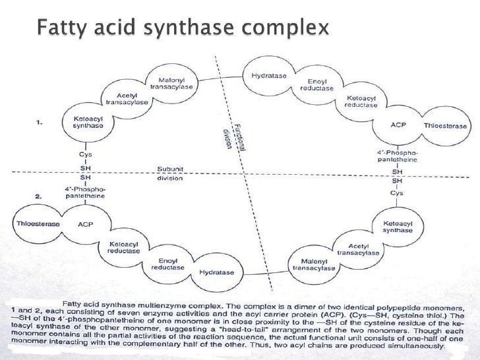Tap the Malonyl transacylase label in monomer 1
coord(171,83)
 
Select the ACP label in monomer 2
coord(86,224)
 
